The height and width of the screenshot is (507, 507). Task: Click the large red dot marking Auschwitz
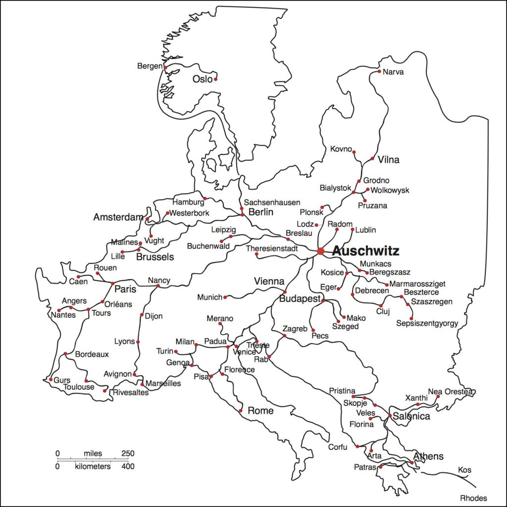[x=320, y=251]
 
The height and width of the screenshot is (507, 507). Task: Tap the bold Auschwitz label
[x=365, y=251]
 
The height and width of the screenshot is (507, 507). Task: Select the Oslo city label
[x=202, y=79]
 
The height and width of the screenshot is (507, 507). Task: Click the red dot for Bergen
[x=165, y=67]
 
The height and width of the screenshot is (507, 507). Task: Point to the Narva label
[x=394, y=72]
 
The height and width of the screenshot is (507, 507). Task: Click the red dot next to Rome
[x=241, y=411]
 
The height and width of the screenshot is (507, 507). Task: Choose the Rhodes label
[x=473, y=498]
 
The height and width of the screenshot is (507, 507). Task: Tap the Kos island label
[x=464, y=469]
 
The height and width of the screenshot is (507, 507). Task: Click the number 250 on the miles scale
[x=128, y=454]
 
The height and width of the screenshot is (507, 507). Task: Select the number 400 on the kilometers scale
[x=128, y=466]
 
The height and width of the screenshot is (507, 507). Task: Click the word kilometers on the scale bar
[x=93, y=466]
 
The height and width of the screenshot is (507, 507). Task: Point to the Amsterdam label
[x=118, y=217]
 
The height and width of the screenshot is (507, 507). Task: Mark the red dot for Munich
[x=225, y=297]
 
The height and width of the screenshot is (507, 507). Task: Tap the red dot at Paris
[x=112, y=283]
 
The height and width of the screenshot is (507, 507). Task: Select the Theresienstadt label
[x=272, y=248]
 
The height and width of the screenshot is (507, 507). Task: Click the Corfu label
[x=338, y=447]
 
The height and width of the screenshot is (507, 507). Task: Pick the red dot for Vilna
[x=372, y=159]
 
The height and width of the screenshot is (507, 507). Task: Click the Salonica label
[x=411, y=416]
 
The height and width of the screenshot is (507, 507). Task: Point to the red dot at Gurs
[x=51, y=380]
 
